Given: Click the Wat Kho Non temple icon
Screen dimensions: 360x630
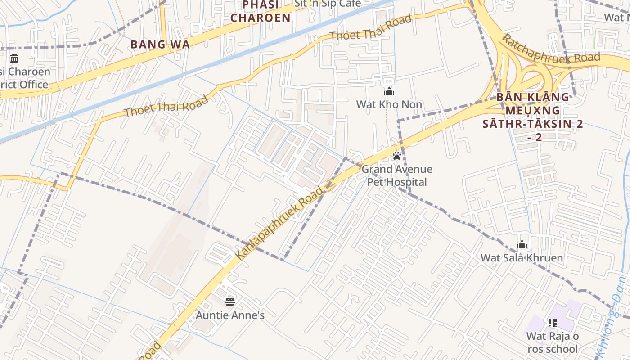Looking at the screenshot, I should [389, 92].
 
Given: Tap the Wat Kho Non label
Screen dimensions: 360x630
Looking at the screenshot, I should [389, 104].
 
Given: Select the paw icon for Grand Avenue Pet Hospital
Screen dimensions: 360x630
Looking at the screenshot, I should [396, 156].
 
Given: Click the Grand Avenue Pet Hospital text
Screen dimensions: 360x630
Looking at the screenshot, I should [397, 175].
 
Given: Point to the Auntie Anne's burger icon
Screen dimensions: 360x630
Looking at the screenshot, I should [230, 302].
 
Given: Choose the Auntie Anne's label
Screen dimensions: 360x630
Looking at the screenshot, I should [230, 315].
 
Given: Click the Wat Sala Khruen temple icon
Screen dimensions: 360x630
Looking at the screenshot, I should [522, 245].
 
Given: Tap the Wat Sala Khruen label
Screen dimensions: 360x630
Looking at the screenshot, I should [522, 258].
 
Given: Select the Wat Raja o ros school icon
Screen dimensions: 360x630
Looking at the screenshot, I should [552, 323].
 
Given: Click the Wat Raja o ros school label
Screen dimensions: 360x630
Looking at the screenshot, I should [552, 342].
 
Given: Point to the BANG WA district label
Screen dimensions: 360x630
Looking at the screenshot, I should [160, 45].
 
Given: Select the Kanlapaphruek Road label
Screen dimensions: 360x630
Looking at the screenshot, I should [279, 223].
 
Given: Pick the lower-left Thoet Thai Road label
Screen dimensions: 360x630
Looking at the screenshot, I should [166, 106].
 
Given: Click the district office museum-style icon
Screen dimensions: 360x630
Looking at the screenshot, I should [14, 58].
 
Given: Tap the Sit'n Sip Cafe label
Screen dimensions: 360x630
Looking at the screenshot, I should [327, 4].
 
